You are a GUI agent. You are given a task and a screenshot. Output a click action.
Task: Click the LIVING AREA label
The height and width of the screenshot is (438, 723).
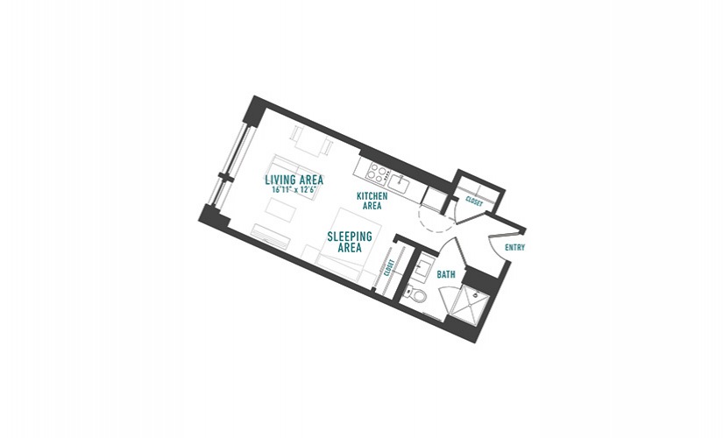(294, 180)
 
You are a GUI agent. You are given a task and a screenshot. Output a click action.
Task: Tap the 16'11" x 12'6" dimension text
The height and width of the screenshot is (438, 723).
(294, 189)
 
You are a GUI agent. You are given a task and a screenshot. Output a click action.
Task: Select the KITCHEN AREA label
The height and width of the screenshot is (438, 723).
(372, 201)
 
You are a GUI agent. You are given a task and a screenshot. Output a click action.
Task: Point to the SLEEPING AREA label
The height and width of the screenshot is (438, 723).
(350, 242)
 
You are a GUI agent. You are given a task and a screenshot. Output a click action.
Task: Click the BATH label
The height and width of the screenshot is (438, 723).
(446, 275)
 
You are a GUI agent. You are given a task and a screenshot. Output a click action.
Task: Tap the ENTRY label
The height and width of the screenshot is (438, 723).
(515, 248)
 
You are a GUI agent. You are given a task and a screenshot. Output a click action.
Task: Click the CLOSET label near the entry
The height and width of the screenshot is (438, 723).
(474, 201)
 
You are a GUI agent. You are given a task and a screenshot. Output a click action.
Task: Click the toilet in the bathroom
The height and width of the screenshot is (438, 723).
(415, 293)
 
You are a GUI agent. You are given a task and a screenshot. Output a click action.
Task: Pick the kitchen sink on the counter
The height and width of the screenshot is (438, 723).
(399, 184)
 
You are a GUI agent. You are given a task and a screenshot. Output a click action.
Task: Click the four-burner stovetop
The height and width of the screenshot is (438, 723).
(378, 173)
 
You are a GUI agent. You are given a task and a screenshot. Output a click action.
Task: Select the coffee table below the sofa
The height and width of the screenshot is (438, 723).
(280, 209)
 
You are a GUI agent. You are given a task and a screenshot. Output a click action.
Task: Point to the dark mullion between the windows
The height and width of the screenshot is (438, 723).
(224, 178)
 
